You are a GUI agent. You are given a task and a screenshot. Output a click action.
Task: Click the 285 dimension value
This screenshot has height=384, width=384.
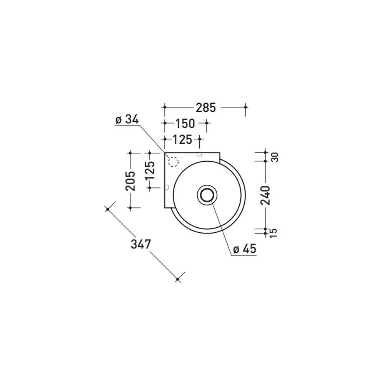pos(206,108)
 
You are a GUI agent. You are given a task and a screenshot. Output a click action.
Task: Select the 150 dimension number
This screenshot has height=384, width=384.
pos(185,123)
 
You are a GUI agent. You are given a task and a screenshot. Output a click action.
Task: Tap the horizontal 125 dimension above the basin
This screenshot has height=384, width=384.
pos(182,140)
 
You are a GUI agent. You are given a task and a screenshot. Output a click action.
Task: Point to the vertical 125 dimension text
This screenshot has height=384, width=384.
pos(150,170)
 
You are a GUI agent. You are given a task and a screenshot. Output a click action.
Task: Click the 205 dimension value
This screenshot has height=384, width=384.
pos(130,181)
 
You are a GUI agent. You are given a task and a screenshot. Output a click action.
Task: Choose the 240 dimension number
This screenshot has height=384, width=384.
pos(265,195)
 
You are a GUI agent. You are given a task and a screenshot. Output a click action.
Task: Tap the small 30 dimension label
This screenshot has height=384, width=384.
pos(275,157)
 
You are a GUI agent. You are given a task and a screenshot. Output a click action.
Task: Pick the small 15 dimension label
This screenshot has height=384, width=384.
pos(273,233)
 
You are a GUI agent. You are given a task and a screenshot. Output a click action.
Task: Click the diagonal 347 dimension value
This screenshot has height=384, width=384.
pos(141,244)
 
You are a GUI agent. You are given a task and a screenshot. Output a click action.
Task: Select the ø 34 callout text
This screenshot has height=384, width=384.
pos(127,119)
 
